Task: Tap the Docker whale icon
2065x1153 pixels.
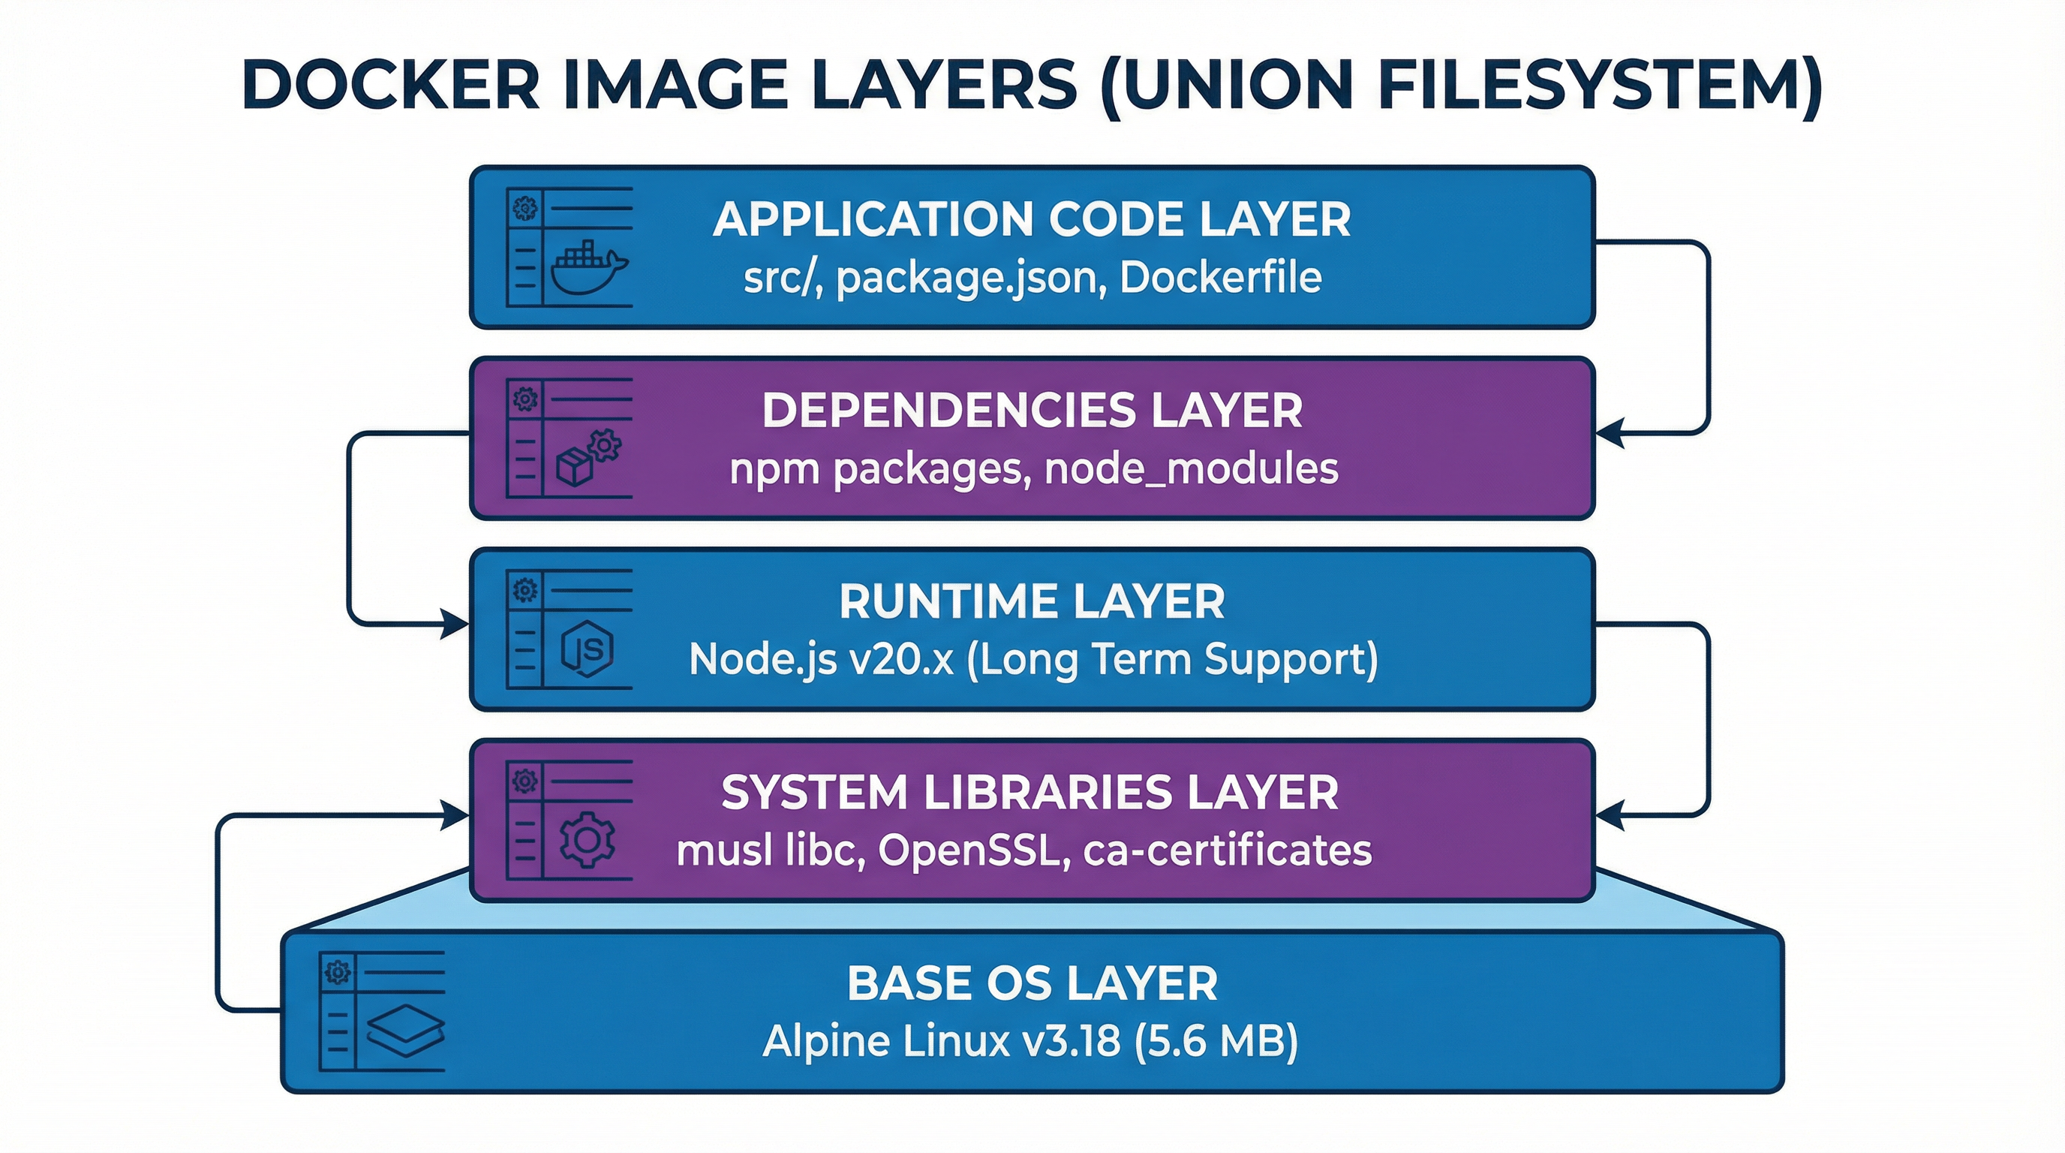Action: (x=588, y=269)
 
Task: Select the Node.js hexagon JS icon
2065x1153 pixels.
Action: (x=588, y=649)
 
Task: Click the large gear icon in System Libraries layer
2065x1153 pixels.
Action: (x=588, y=838)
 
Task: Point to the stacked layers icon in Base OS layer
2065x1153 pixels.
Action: (x=405, y=1030)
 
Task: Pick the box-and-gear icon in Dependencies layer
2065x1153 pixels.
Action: (x=588, y=458)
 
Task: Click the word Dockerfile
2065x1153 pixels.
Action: (x=1220, y=278)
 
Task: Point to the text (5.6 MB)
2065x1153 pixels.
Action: (x=1216, y=1040)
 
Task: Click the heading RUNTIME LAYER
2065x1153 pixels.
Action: (x=1032, y=601)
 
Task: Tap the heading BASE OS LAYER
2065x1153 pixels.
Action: (x=1032, y=983)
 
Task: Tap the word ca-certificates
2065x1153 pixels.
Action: (x=1228, y=850)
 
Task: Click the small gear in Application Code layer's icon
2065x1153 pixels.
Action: (x=525, y=209)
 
